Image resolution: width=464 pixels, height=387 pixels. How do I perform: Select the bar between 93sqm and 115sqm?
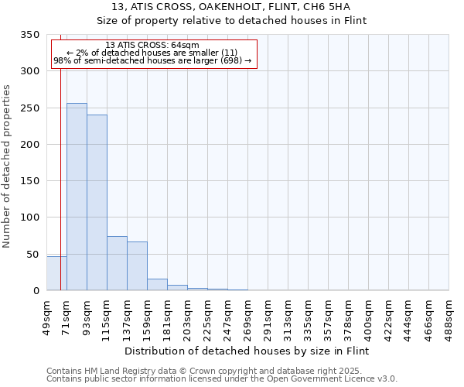[x=97, y=203]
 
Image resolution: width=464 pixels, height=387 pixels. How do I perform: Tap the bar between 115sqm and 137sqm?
[x=117, y=263]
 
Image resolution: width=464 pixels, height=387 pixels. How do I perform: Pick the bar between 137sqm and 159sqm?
[x=137, y=266]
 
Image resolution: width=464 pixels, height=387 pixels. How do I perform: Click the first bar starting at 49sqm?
[x=56, y=273]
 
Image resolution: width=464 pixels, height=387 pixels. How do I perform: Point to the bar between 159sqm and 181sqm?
[x=157, y=284]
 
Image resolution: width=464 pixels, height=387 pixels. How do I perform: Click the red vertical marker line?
[x=60, y=170]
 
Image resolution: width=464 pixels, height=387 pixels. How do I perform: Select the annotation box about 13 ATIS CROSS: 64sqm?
[x=153, y=53]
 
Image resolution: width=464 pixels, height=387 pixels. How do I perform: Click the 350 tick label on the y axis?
[x=30, y=35]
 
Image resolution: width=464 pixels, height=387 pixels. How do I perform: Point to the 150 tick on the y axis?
[x=30, y=181]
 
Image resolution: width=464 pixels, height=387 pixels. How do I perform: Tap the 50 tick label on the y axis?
[x=33, y=254]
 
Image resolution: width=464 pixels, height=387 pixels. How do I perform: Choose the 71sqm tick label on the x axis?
[x=67, y=314]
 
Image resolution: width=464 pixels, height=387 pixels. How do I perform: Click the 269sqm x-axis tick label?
[x=248, y=317]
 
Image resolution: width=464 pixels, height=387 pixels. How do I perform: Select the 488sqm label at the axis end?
[x=449, y=317]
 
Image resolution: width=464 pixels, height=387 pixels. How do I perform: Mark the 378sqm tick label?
[x=349, y=317]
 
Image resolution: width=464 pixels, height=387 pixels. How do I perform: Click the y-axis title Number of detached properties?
[x=8, y=166]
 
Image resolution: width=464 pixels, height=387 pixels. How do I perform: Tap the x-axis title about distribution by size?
[x=247, y=351]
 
